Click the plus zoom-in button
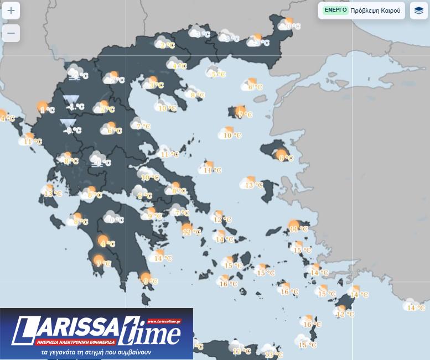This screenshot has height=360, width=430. pyautogui.click(x=11, y=11)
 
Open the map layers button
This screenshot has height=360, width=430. pyautogui.click(x=419, y=11)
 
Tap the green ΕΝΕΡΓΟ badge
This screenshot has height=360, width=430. pyautogui.click(x=335, y=10)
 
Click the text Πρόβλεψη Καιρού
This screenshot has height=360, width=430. pyautogui.click(x=375, y=11)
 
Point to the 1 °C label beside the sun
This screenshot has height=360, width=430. pyautogui.click(x=49, y=110)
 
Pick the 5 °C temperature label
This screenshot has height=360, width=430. pyautogui.click(x=219, y=74)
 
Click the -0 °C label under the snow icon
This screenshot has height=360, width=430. pyautogui.click(x=72, y=131)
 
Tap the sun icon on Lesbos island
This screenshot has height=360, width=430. pyautogui.click(x=281, y=154)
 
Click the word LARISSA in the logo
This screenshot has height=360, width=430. pyautogui.click(x=66, y=331)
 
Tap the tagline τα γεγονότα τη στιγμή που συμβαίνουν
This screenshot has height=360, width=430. pyautogui.click(x=96, y=352)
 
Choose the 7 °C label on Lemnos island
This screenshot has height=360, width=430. pyautogui.click(x=245, y=115)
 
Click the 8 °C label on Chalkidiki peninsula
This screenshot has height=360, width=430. pyautogui.click(x=198, y=95)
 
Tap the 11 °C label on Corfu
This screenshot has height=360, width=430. pyautogui.click(x=33, y=142)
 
